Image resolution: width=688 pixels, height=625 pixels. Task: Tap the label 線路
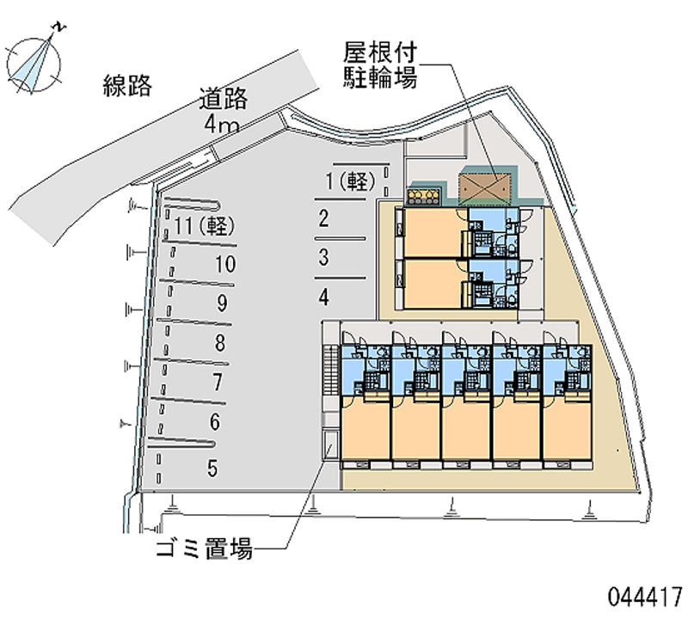pos(127,85)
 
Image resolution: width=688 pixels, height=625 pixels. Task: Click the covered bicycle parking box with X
pos(488,184)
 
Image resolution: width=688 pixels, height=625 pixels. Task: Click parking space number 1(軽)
pos(347,181)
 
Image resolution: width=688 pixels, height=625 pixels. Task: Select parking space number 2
pos(322,218)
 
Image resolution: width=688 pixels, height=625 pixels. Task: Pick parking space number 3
pos(322,256)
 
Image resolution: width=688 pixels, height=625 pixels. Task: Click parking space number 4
pos(322,297)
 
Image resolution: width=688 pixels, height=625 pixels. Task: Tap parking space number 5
pos(212,469)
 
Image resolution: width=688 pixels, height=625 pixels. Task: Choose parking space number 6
pos(215,421)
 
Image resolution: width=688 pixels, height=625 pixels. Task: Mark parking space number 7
pos(218,382)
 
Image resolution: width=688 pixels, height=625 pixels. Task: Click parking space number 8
pos(220,344)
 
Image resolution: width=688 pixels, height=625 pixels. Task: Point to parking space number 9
pos(222,303)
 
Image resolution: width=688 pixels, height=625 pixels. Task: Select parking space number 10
pos(224,264)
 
